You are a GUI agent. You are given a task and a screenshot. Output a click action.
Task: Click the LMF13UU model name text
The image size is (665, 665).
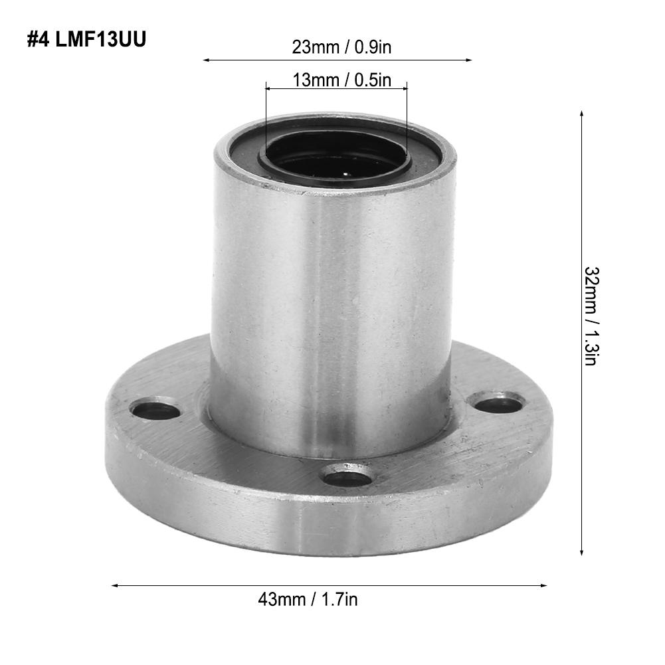100,39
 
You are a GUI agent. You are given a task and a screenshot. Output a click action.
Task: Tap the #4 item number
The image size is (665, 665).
39,39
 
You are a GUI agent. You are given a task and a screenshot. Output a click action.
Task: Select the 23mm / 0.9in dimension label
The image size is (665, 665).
341,47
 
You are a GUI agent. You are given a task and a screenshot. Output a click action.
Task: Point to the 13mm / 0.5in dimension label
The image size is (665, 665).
342,80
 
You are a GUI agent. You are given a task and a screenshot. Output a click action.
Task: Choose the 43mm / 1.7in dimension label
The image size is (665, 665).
308,599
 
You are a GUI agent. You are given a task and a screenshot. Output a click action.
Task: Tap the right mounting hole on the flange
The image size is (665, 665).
497,402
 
